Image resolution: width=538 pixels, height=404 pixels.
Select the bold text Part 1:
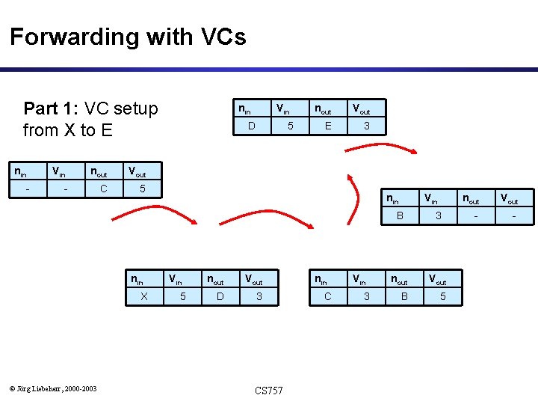point(52,108)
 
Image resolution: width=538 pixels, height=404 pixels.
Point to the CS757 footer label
point(269,391)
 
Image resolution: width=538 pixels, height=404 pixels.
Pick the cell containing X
point(144,296)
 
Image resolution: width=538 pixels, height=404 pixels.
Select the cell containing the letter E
point(328,126)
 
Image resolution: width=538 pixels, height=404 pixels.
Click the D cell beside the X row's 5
point(220,296)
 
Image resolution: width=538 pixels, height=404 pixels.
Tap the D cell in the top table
point(251,126)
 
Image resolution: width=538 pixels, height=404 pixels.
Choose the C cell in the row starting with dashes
point(103,189)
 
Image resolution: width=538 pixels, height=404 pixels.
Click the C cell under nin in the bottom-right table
point(327,296)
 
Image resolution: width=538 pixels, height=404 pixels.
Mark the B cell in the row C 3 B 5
point(403,296)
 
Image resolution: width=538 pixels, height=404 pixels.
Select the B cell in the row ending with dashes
point(400,215)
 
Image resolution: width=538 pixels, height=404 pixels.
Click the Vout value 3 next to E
point(366,126)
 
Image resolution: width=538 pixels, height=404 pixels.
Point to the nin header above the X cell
point(137,280)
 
